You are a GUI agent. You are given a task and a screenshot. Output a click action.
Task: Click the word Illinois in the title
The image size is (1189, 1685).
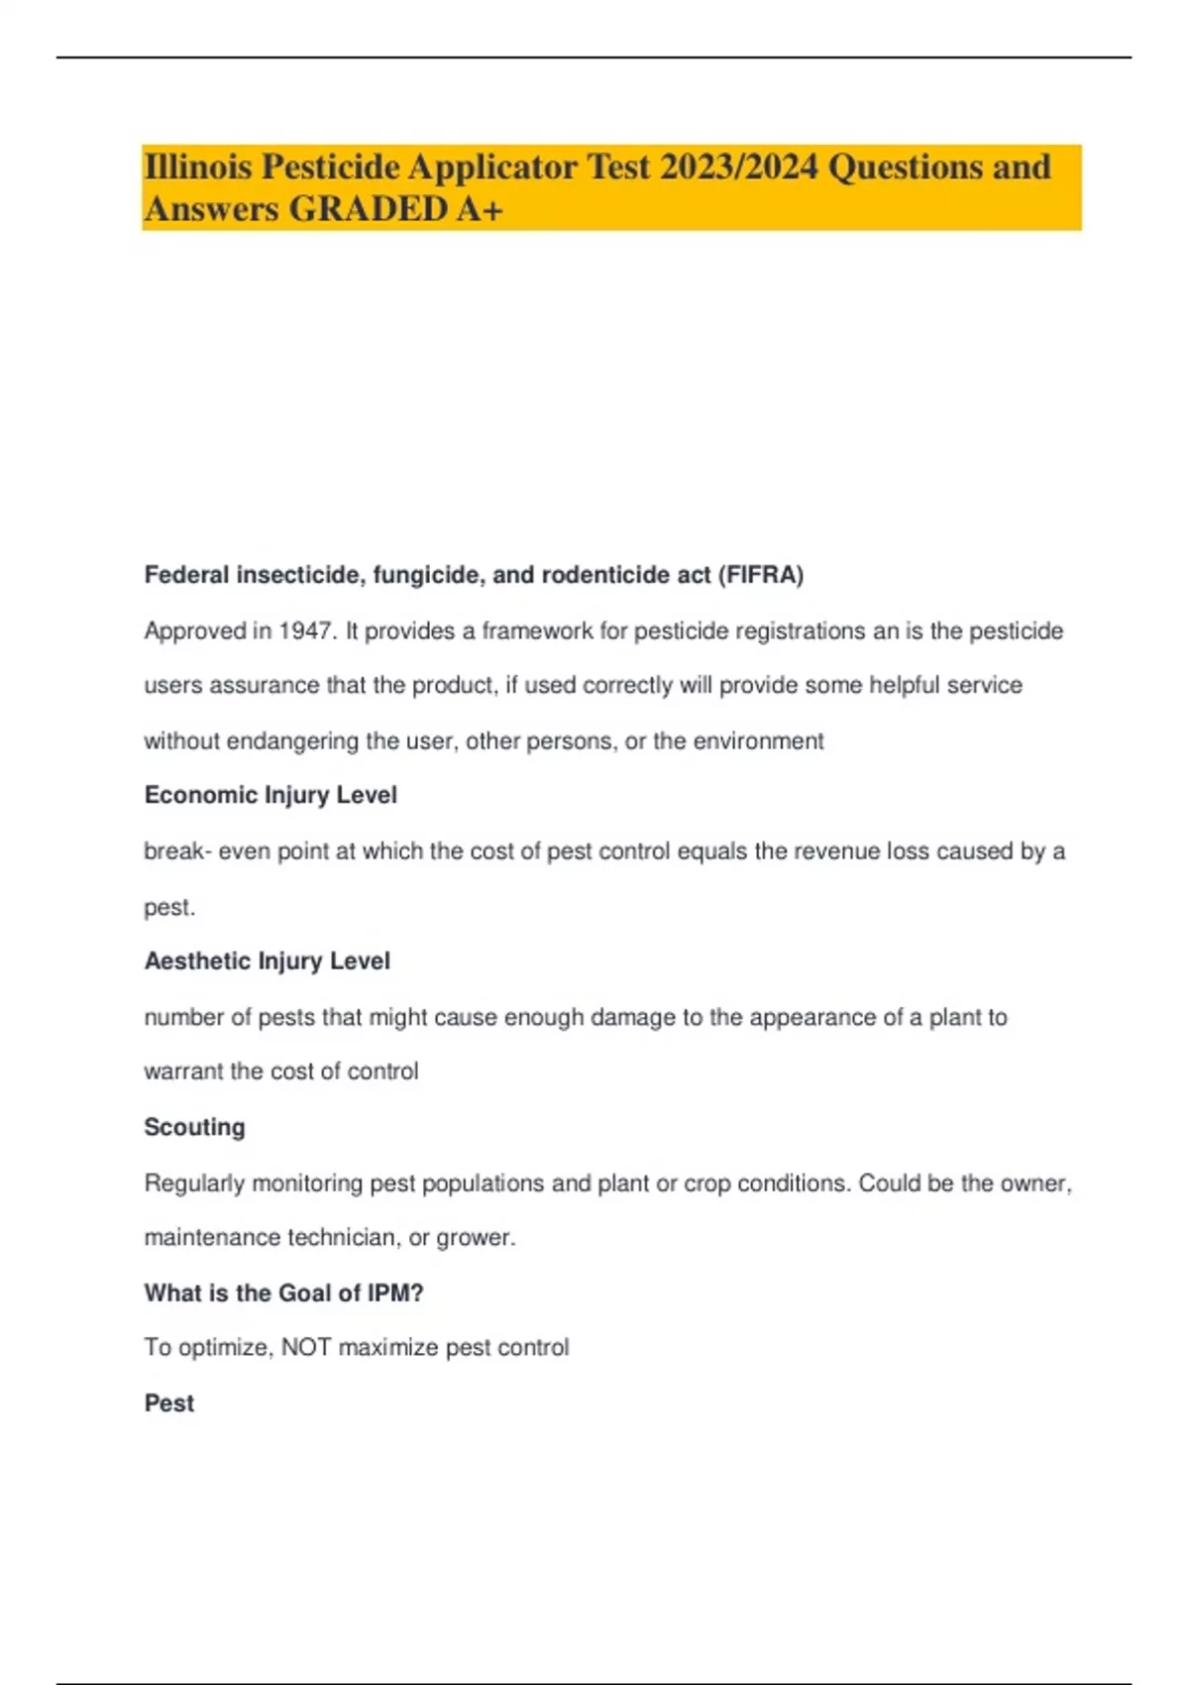coord(197,167)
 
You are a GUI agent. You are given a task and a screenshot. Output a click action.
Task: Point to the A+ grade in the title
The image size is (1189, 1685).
coord(480,209)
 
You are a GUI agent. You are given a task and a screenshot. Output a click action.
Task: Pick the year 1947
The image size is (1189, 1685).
coord(305,631)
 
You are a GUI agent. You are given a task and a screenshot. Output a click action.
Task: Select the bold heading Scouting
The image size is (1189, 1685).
coord(194,1128)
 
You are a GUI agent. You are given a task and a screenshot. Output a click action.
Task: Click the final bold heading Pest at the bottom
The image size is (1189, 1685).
coord(169,1404)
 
